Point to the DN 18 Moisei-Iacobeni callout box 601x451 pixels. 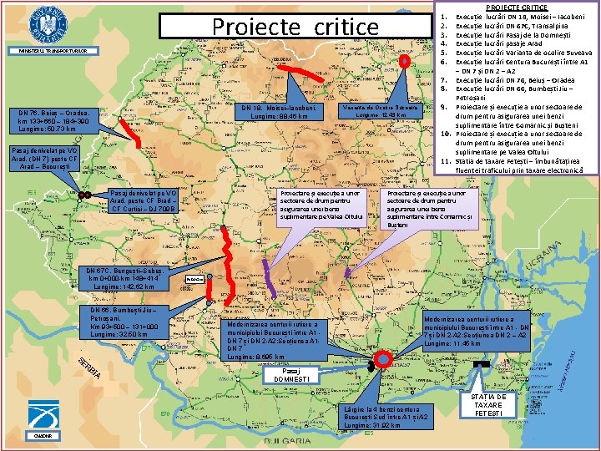(x=273, y=113)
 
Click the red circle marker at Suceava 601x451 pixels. (x=404, y=60)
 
